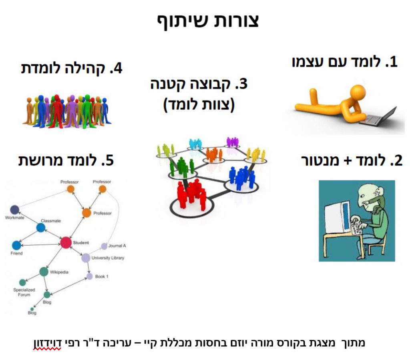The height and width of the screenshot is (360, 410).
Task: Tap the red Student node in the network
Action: coord(66,242)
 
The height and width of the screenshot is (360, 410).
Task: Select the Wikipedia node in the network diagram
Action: coord(44,272)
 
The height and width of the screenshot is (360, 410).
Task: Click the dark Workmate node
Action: coord(15,209)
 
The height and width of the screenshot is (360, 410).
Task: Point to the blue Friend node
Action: coord(16,245)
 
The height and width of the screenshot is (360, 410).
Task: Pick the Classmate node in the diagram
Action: coord(41,227)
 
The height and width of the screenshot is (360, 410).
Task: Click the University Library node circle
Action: coord(86,258)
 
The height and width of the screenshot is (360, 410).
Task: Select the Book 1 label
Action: coord(102,276)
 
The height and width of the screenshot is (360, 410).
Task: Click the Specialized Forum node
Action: coord(22,282)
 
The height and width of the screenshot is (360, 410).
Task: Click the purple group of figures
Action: coord(232,142)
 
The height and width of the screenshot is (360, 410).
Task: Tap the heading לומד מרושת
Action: coord(66,160)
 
